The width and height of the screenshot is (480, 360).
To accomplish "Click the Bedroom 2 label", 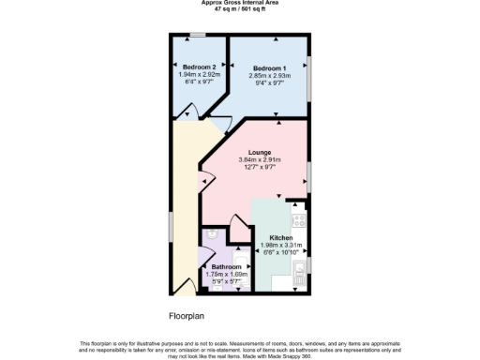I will (x=198, y=67).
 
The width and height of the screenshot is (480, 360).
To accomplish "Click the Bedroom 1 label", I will (x=269, y=67).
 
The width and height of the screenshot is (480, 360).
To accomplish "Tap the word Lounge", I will (x=260, y=152).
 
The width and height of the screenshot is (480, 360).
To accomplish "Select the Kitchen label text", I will (x=281, y=238).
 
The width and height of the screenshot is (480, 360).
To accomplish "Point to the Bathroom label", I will (x=225, y=266).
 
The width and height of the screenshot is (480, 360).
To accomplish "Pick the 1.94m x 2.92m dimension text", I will (x=198, y=75).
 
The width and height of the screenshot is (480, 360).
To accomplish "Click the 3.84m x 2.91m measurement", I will (x=260, y=160).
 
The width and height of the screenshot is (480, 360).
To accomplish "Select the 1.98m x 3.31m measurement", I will (x=281, y=246).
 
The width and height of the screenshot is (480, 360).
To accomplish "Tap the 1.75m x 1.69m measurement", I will (x=225, y=274).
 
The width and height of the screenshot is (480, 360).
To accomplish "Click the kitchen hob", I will (x=300, y=222).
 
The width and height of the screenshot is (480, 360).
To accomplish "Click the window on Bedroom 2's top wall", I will (x=198, y=36).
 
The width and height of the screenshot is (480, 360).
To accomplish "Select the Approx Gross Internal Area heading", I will (x=239, y=3).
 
